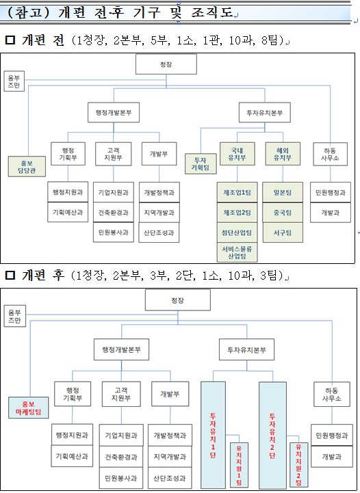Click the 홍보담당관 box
[27, 166]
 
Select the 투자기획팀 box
[201, 164]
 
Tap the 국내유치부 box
[237, 154]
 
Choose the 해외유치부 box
[283, 154]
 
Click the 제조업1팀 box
[237, 192]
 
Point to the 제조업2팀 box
[237, 213]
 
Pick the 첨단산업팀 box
[237, 232]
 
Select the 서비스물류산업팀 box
[237, 252]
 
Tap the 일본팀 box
[283, 192]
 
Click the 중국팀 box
[283, 213]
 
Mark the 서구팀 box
[283, 232]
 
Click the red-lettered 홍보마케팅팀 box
[28, 408]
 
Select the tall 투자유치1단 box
[213, 435]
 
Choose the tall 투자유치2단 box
[272, 435]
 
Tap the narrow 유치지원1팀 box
[239, 465]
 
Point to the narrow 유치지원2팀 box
[298, 465]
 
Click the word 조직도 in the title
[212, 13]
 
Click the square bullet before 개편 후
[10, 276]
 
